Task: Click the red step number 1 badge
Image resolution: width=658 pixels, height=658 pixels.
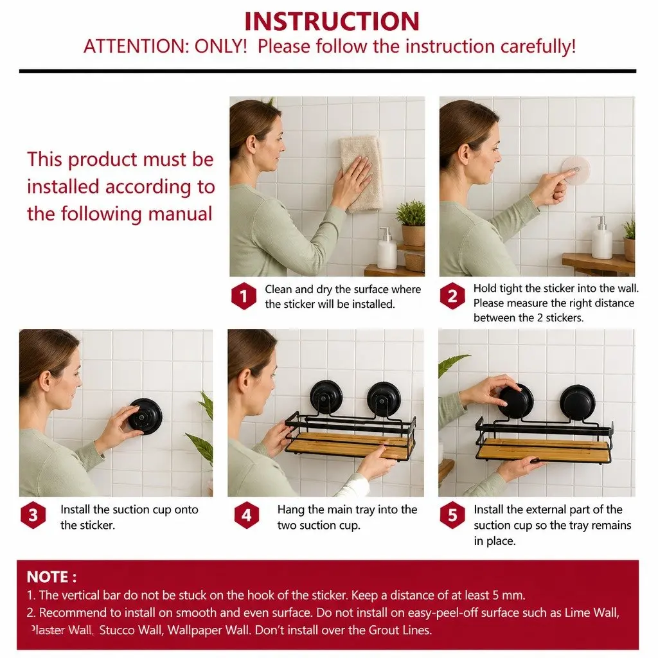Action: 244,296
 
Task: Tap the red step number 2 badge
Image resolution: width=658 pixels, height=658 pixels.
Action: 452,296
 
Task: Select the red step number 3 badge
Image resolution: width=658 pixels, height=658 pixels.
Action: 33,515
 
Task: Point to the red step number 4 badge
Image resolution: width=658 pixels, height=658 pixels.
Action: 246,515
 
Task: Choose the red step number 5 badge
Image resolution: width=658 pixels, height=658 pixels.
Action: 452,515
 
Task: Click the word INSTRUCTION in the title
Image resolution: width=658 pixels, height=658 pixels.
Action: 332,21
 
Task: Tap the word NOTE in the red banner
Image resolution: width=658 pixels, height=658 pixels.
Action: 48,577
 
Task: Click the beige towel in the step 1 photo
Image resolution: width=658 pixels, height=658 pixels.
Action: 361,172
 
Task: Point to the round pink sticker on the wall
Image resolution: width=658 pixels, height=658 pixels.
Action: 576,171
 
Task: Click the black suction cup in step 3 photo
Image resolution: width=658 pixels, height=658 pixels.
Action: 145,416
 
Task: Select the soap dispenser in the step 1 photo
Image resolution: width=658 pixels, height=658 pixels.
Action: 386,249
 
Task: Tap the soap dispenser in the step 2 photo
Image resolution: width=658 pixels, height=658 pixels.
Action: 601,238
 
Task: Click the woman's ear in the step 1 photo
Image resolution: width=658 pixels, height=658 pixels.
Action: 251,143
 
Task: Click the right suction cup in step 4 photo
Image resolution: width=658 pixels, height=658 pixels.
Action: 384,397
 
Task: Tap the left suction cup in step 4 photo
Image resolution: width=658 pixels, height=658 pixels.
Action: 326,396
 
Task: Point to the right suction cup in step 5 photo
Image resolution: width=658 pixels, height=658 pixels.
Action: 577,402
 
